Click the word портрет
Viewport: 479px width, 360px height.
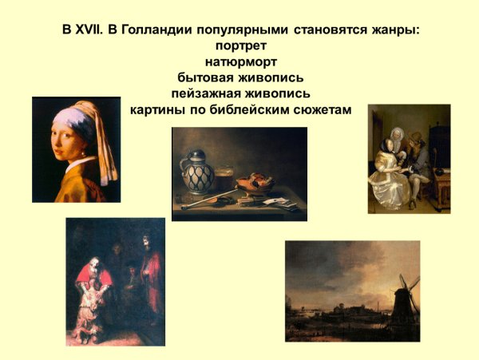[x=240, y=45]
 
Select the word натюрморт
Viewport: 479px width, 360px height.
[x=240, y=61]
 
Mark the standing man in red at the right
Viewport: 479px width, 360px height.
[x=148, y=275]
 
